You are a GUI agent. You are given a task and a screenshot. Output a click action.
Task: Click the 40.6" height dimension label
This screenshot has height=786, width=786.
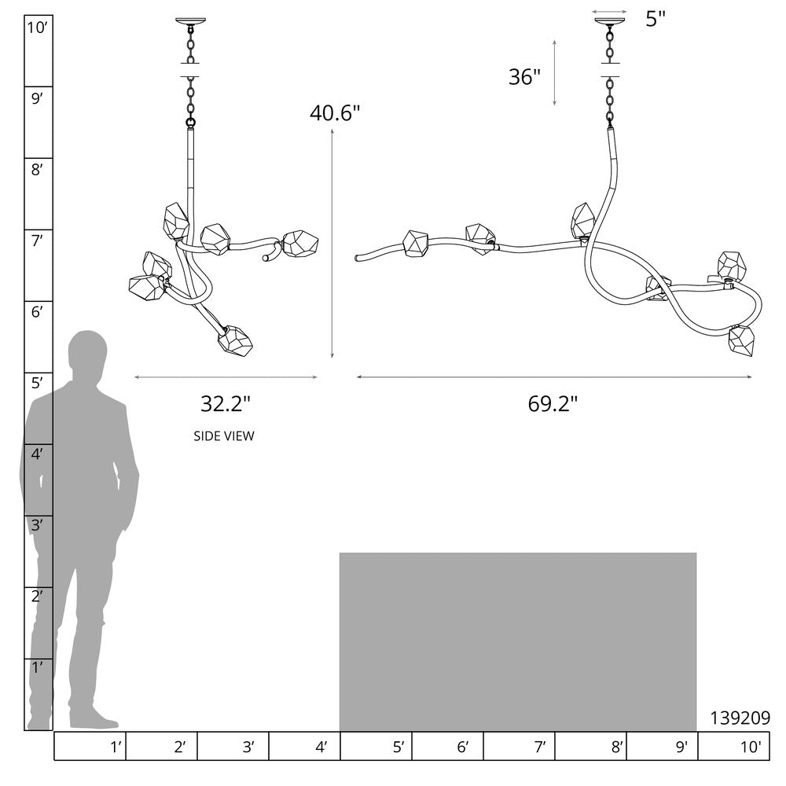pos(335,113)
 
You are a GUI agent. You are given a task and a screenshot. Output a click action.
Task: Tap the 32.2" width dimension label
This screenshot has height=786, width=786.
pos(225,403)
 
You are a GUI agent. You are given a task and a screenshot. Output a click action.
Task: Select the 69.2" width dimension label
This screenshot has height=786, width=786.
pos(553,403)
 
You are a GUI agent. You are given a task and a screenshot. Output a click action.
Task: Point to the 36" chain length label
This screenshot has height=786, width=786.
pos(525,77)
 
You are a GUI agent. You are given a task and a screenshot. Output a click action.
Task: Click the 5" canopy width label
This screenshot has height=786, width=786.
pos(656,19)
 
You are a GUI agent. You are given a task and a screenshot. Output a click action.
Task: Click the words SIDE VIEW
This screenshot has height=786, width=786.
pos(224,436)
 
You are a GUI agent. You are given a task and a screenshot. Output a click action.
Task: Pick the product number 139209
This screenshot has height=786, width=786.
pos(740,718)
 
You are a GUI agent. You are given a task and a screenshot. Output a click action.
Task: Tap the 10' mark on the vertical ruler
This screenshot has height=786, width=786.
pos(37,28)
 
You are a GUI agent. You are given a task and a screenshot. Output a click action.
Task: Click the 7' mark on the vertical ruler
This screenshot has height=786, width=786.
pos(37,241)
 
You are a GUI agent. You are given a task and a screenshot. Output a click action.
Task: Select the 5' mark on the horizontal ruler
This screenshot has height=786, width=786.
pos(399,747)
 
